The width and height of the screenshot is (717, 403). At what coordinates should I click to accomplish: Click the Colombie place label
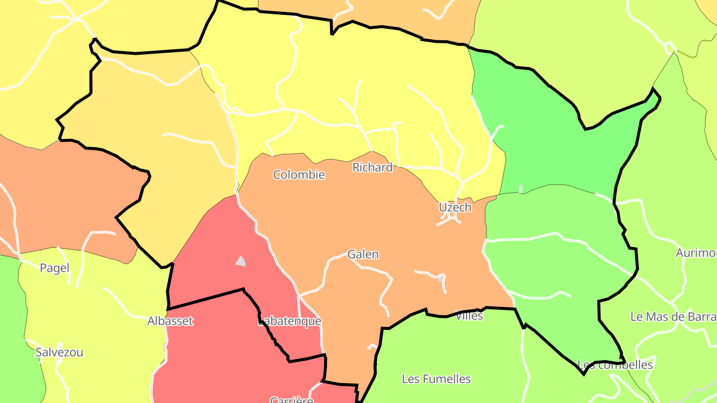tap(299, 175)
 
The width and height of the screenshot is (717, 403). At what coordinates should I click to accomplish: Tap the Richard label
tap(372, 168)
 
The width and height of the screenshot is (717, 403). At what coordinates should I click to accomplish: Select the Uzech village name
tap(455, 207)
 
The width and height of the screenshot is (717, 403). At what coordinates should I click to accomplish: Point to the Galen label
tap(363, 254)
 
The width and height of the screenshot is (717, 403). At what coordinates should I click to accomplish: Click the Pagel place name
tap(54, 268)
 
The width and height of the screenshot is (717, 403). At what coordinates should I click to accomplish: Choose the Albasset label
tap(170, 321)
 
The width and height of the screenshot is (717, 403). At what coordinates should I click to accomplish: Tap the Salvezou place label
tap(59, 352)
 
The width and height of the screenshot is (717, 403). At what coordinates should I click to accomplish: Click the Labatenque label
tap(289, 321)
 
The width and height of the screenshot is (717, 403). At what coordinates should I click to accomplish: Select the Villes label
tap(469, 315)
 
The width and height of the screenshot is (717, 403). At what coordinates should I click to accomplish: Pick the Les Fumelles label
tap(436, 379)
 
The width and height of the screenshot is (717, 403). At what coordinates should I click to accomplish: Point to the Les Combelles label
tap(615, 365)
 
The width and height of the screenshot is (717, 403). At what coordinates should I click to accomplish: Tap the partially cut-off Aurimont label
tap(696, 253)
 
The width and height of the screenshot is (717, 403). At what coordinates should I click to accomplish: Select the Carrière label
tap(291, 399)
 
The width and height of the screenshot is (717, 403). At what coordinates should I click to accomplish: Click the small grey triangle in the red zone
tap(241, 261)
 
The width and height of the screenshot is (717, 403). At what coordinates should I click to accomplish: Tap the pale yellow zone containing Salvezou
tap(100, 318)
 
